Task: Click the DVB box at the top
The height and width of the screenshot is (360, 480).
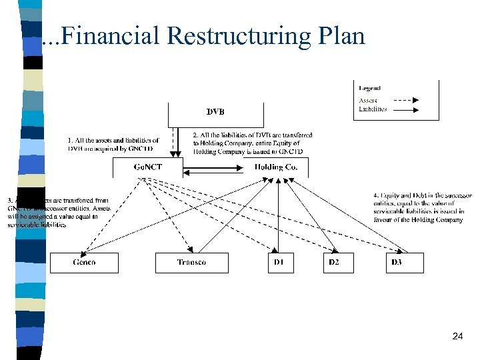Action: [215, 113]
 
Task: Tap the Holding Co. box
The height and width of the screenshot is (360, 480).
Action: [276, 167]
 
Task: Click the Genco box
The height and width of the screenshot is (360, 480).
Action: [84, 263]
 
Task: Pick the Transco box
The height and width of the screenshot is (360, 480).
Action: [191, 263]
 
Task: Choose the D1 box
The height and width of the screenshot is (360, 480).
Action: [279, 263]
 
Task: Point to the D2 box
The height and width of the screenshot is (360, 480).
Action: [333, 263]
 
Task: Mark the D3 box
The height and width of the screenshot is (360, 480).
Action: [397, 263]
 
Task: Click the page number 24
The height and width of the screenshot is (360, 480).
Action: [457, 337]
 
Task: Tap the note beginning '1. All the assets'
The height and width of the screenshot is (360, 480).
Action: [113, 144]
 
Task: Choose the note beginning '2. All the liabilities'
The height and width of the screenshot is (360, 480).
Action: [253, 143]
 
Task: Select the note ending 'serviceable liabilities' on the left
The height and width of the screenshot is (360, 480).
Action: [57, 212]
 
